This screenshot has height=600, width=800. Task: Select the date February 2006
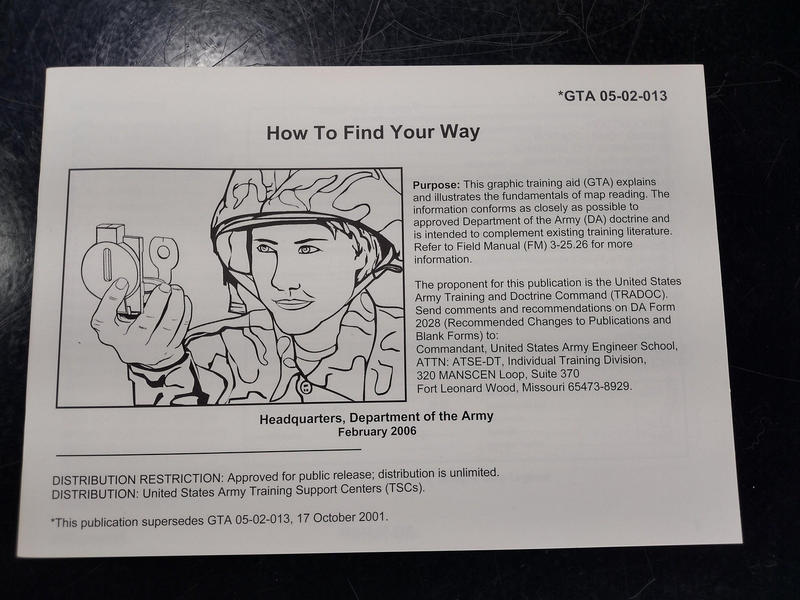coord(377,432)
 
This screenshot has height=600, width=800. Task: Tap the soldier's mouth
coord(294,303)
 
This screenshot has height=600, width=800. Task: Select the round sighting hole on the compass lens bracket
coord(163,252)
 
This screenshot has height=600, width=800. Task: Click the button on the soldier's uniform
coord(306,387)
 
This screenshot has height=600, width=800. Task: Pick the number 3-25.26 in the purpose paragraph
coord(569,245)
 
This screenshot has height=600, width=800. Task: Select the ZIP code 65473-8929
coord(599,386)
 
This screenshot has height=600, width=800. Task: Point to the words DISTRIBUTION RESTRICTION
coord(138,479)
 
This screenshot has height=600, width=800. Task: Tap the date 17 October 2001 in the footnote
coord(342,518)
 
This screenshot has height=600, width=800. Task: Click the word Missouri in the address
coord(543,387)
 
